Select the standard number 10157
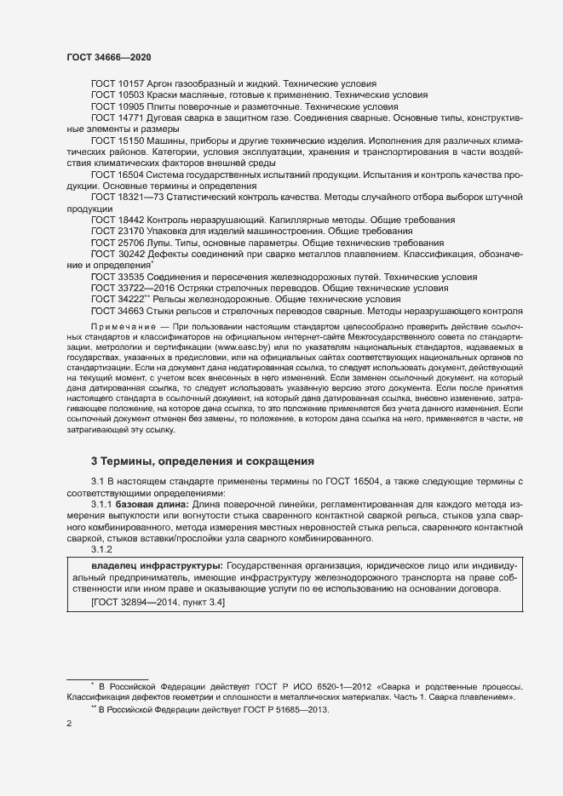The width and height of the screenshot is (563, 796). pyautogui.click(x=132, y=83)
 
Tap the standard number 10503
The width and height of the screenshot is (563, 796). pyautogui.click(x=132, y=95)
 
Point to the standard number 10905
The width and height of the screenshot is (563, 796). pyautogui.click(x=132, y=106)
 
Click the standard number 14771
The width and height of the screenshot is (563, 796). pyautogui.click(x=132, y=117)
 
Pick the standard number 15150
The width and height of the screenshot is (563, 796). pyautogui.click(x=132, y=140)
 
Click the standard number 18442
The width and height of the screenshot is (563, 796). pyautogui.click(x=132, y=220)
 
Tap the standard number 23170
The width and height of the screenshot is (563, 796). pyautogui.click(x=132, y=231)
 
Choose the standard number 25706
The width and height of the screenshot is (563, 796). pyautogui.click(x=132, y=243)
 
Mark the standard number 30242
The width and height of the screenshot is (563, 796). pyautogui.click(x=132, y=254)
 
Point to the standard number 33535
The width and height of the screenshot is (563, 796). pyautogui.click(x=132, y=277)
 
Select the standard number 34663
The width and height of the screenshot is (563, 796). pyautogui.click(x=132, y=311)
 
